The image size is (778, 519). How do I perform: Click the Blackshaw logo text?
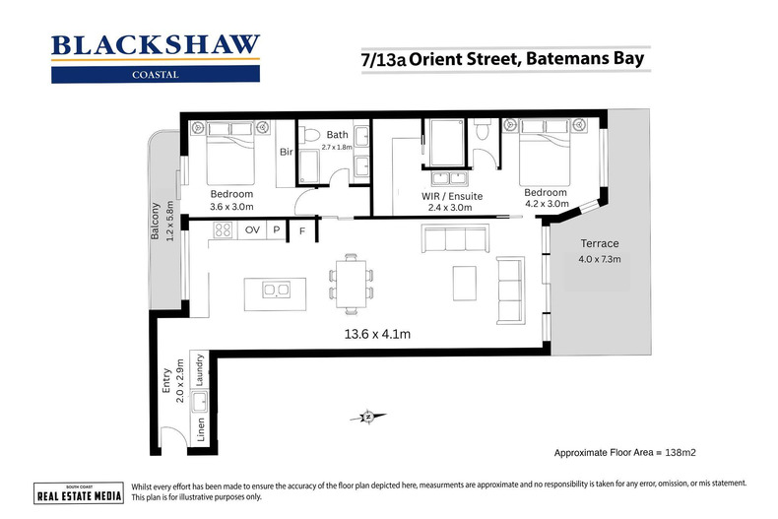pyautogui.click(x=155, y=45)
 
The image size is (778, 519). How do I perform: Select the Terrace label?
pyautogui.click(x=598, y=243)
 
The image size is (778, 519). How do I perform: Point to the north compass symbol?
pyautogui.click(x=366, y=417)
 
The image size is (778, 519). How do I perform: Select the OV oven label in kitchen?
pyautogui.click(x=252, y=229)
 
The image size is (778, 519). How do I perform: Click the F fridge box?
pyautogui.click(x=302, y=230)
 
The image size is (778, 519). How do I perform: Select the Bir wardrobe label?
pyautogui.click(x=286, y=153)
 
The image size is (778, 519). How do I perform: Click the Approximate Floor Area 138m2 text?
pyautogui.click(x=632, y=453)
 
